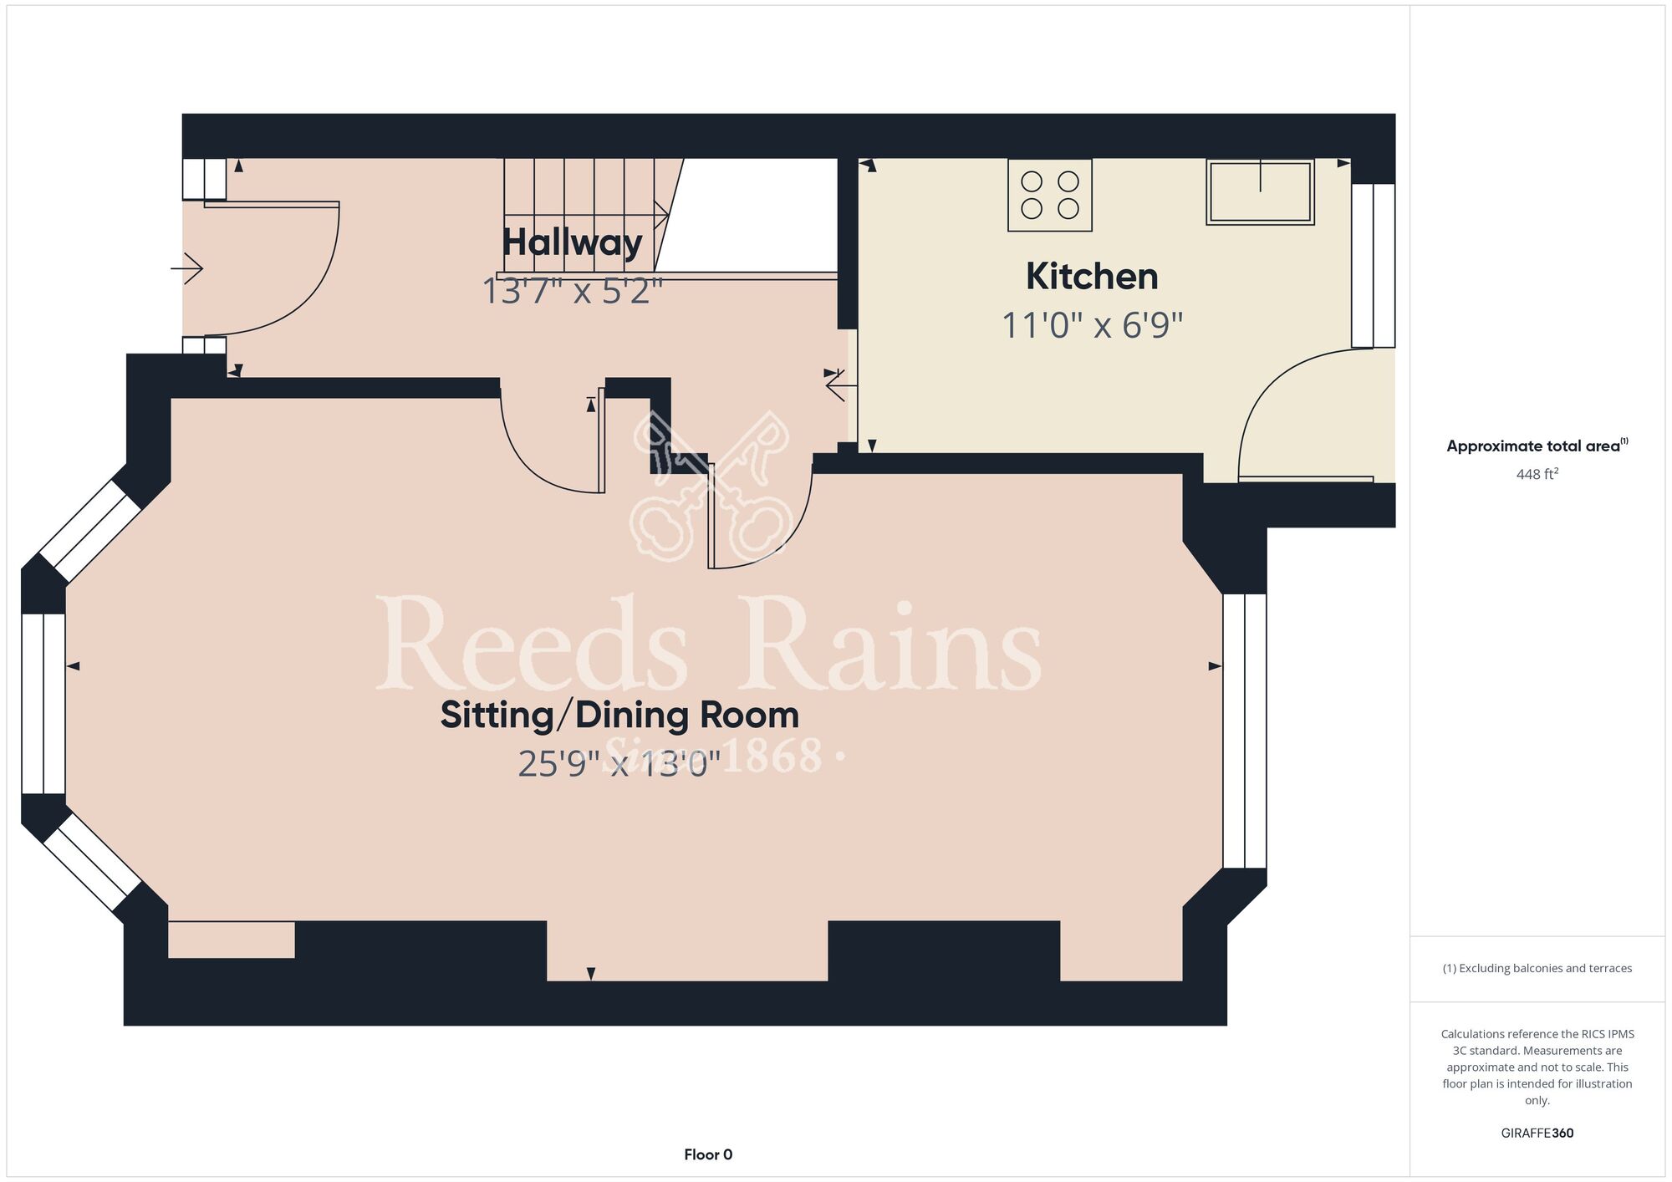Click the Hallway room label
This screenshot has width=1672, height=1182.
(573, 242)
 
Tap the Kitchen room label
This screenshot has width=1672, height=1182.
(1092, 277)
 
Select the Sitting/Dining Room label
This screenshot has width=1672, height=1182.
(619, 716)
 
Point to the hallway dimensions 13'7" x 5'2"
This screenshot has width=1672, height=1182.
(573, 292)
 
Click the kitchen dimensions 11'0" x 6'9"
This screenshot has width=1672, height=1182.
(1093, 325)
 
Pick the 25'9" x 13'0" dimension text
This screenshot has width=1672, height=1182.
(619, 764)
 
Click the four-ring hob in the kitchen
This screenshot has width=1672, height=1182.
(1050, 195)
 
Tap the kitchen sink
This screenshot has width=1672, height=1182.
(1260, 192)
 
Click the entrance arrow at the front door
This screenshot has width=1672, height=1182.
(186, 269)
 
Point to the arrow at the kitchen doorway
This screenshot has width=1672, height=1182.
(840, 386)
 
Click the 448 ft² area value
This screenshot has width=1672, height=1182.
(1537, 474)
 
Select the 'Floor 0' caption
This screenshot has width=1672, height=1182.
(708, 1154)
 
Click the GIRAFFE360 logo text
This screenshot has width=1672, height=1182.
(1537, 1134)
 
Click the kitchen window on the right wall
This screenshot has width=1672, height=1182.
(1374, 266)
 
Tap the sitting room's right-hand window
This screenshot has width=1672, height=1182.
(1245, 731)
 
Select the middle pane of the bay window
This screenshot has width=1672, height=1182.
(43, 704)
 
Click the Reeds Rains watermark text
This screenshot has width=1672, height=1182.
(709, 646)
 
